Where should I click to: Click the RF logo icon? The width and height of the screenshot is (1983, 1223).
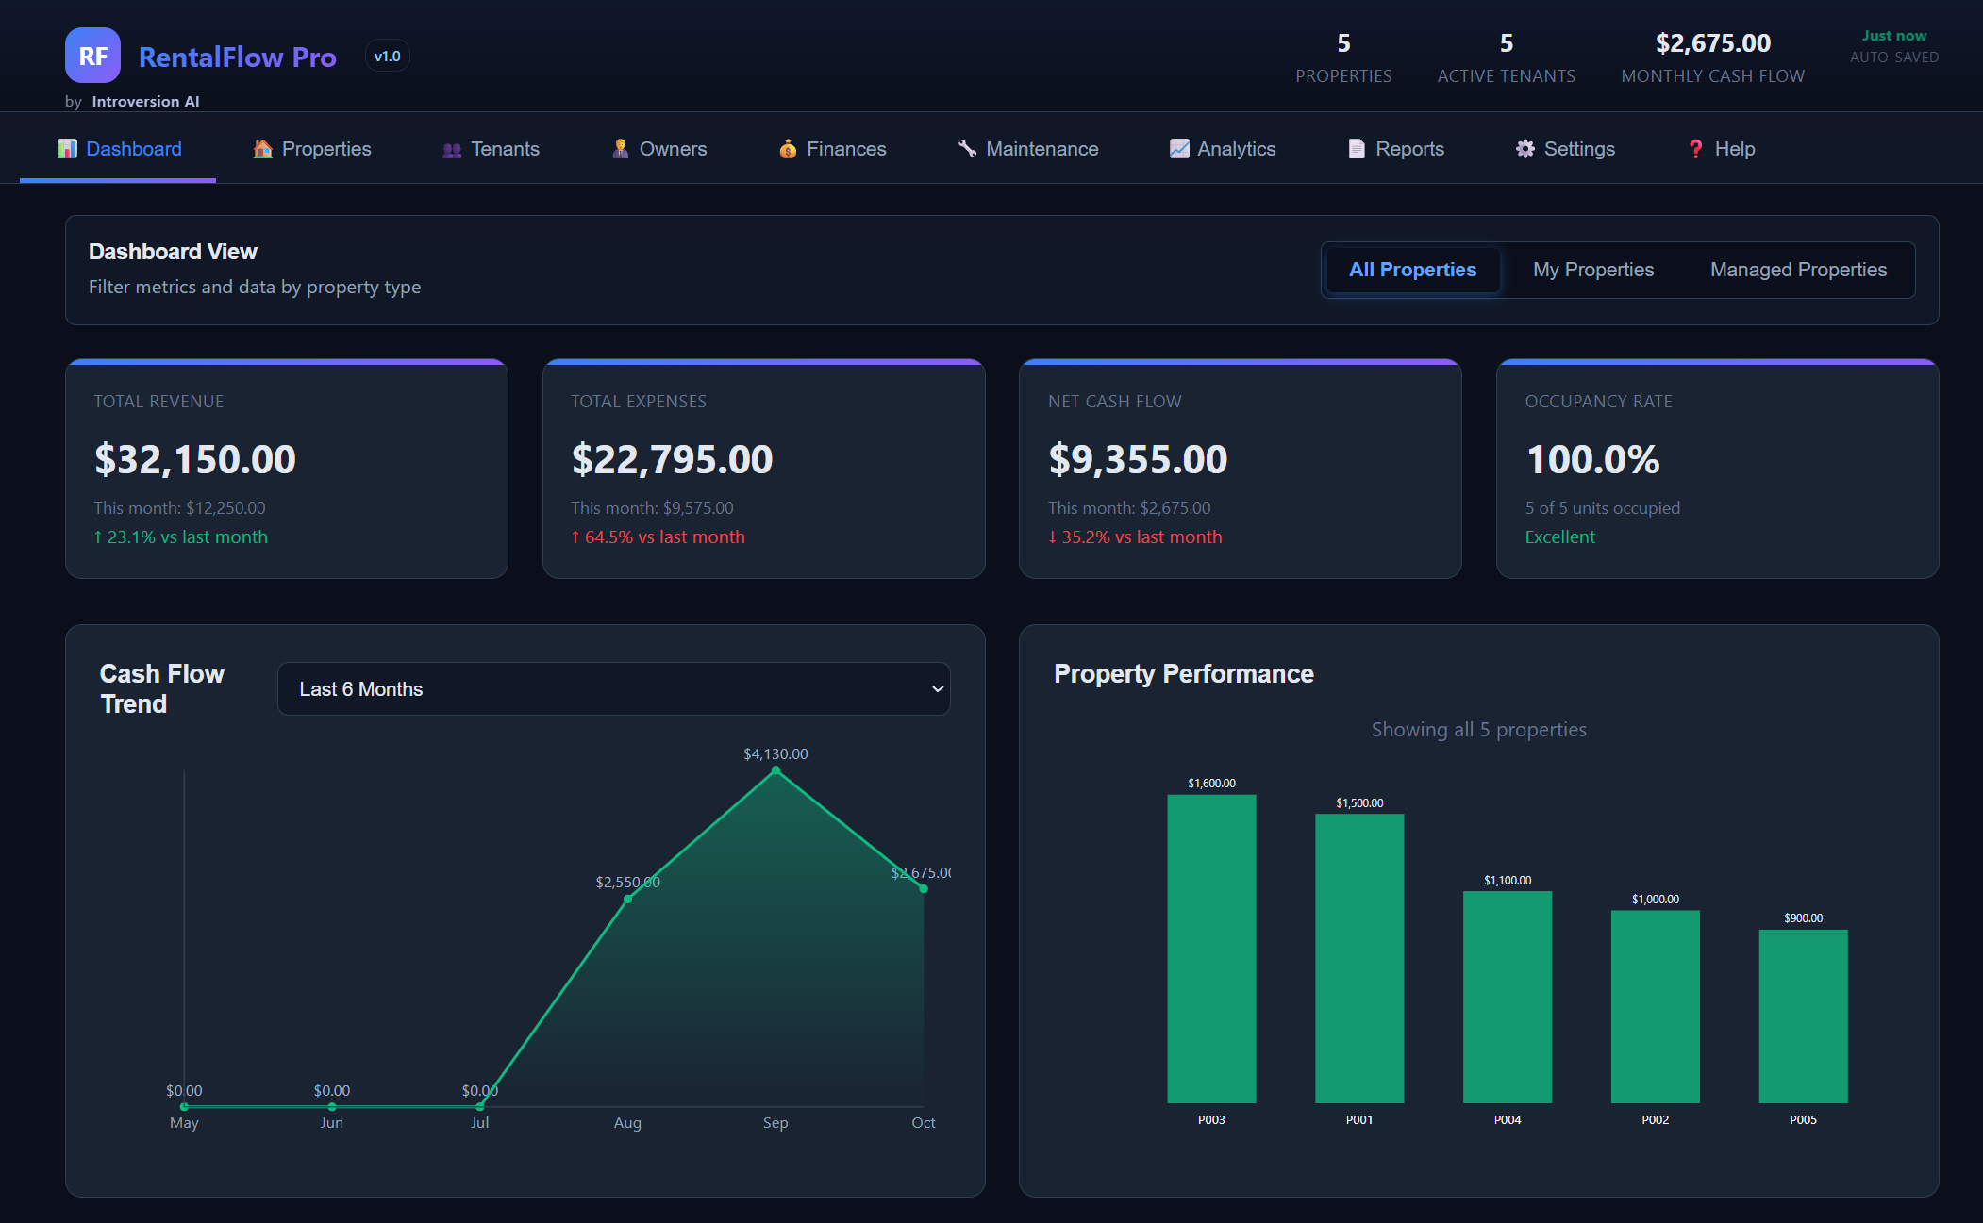tap(92, 56)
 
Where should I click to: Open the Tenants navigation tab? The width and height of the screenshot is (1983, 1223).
tap(491, 149)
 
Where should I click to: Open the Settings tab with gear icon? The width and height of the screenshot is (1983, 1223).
tap(1565, 149)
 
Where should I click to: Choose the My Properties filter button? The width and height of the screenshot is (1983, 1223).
tap(1592, 270)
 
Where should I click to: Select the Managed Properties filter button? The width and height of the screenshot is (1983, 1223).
tap(1797, 270)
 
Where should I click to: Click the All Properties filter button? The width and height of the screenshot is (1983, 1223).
tap(1411, 270)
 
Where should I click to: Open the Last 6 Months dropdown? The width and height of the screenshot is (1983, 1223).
tap(613, 689)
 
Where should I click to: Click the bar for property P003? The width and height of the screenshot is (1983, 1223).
tap(1211, 948)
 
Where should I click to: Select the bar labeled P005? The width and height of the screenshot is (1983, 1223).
tap(1803, 1016)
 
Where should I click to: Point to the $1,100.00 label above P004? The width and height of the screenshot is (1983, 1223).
tap(1507, 880)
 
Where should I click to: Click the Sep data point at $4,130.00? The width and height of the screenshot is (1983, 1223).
tap(775, 771)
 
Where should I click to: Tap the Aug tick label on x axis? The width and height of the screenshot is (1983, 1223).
tap(627, 1122)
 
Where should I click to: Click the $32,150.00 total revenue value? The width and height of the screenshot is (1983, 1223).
tap(195, 459)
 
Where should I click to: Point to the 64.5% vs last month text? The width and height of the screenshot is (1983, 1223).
tap(658, 537)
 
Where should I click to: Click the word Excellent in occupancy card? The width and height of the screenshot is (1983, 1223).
tap(1559, 537)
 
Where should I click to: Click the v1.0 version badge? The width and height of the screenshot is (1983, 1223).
tap(387, 57)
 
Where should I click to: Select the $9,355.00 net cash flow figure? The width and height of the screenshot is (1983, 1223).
tap(1138, 459)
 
